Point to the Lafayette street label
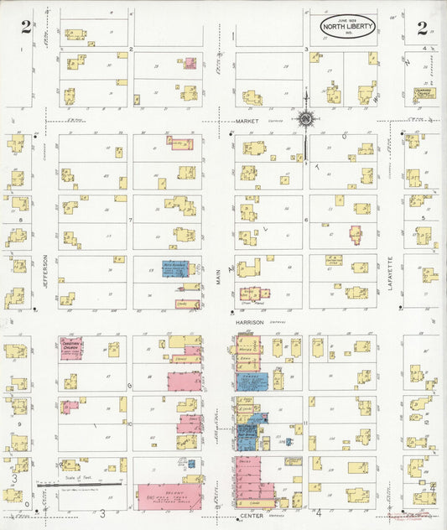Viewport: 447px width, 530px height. click(x=392, y=273)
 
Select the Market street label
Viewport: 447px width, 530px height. click(x=247, y=121)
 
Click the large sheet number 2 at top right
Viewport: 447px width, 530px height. click(x=422, y=27)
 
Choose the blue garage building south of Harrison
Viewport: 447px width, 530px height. click(x=251, y=380)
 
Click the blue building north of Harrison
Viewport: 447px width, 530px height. click(x=175, y=269)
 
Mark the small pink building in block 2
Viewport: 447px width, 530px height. click(x=190, y=63)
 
